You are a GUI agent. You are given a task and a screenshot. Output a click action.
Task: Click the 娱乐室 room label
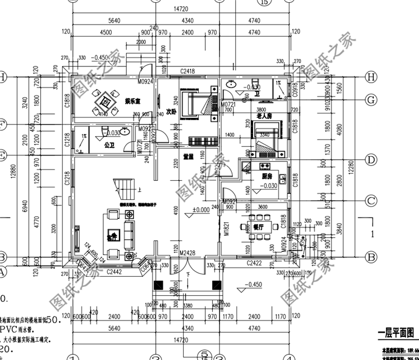[x=132, y=100]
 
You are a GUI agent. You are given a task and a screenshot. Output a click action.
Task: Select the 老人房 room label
[x=264, y=116]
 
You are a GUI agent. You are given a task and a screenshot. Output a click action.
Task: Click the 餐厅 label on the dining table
[x=259, y=227]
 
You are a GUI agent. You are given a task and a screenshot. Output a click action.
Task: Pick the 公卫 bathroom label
[x=109, y=144]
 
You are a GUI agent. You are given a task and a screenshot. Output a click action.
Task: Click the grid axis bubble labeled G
[x=370, y=99]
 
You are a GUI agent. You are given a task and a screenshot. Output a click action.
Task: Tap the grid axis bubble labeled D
[x=370, y=160]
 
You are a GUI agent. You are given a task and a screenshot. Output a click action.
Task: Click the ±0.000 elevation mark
[x=201, y=210]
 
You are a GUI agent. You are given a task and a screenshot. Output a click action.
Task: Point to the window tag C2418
[x=187, y=72]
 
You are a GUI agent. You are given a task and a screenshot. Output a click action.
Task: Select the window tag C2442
[x=114, y=272]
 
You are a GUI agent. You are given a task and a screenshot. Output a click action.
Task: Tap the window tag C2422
[x=256, y=262]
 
